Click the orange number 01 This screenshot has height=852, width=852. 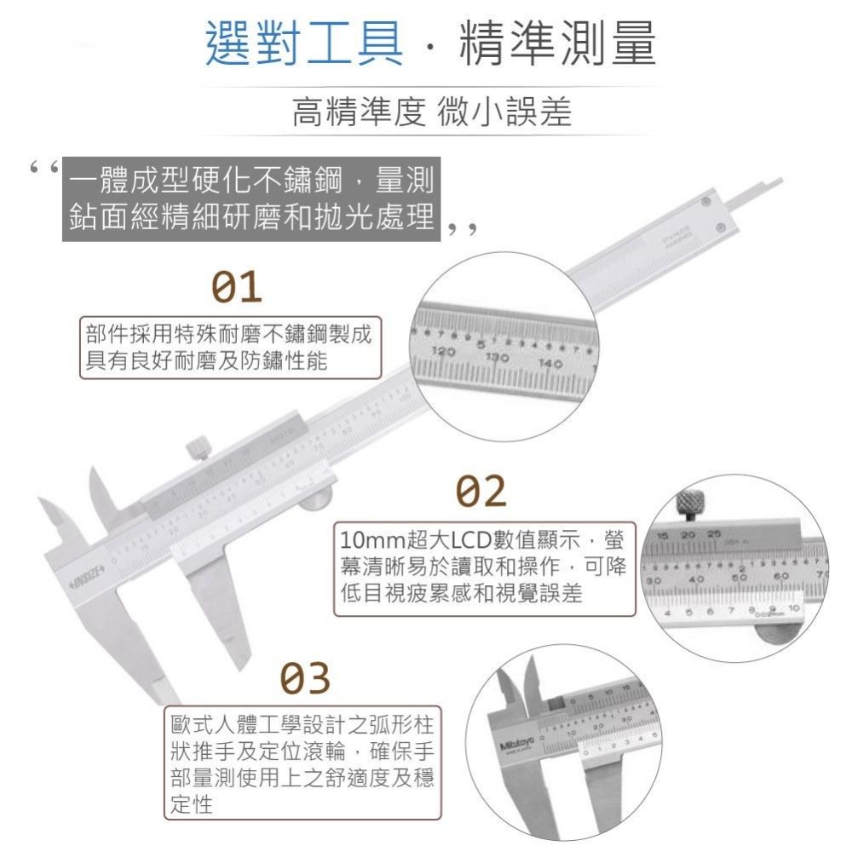(x=237, y=289)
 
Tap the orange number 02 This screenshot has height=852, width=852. (x=481, y=492)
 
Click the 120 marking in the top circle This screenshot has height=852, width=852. (x=444, y=351)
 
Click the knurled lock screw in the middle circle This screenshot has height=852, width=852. (x=688, y=504)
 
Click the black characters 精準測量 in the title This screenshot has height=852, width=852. (x=557, y=45)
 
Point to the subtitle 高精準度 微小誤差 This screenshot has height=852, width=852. (x=431, y=112)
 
